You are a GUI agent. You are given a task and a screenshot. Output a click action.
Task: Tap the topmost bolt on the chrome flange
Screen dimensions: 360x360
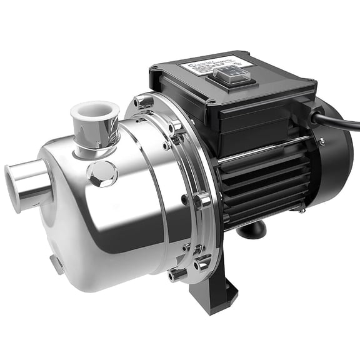143,101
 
